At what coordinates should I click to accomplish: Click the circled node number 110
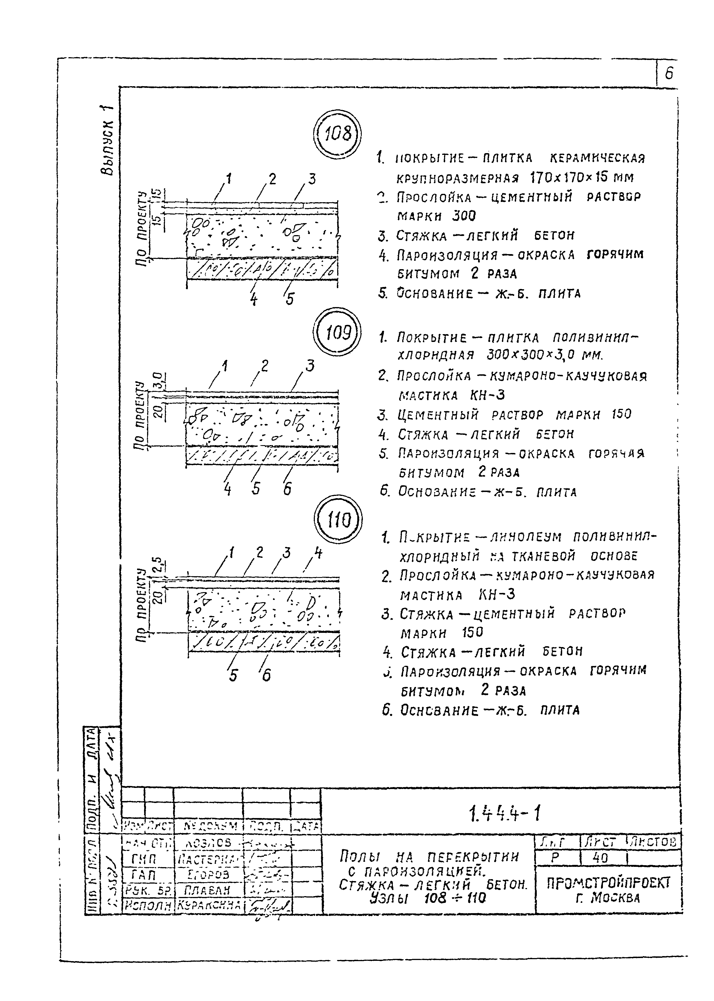click(339, 521)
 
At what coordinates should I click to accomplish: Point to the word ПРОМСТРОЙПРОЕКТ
click(608, 883)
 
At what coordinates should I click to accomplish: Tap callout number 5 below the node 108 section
click(289, 299)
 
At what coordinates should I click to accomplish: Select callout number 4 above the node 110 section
click(318, 553)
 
